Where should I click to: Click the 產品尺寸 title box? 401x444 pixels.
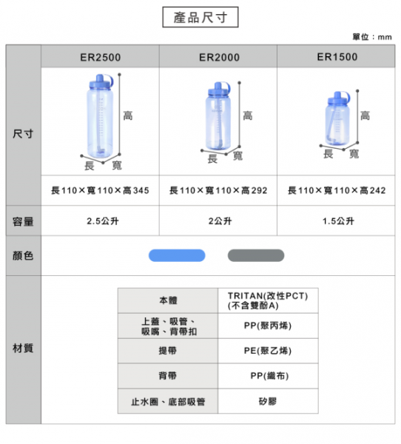(200, 17)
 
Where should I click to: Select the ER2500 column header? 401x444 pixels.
(101, 56)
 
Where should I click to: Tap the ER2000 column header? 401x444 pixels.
(218, 56)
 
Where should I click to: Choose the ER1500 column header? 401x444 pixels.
(336, 56)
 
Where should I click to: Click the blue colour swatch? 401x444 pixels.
(177, 255)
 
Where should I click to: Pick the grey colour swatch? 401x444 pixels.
(256, 255)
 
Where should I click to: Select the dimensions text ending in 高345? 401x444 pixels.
(100, 190)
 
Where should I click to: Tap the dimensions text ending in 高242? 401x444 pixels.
(337, 190)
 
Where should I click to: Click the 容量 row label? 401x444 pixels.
(23, 221)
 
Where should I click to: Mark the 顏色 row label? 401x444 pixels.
(23, 256)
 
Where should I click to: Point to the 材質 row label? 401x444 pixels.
(23, 348)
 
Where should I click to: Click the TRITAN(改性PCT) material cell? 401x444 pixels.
(268, 300)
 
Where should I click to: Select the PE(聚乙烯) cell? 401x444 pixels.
(268, 351)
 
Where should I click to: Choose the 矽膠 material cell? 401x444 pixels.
(268, 401)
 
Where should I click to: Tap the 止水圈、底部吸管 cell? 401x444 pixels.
(168, 401)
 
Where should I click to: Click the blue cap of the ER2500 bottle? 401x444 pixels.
(101, 82)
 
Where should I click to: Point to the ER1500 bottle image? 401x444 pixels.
(337, 118)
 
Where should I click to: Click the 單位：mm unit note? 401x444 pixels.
(372, 37)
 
